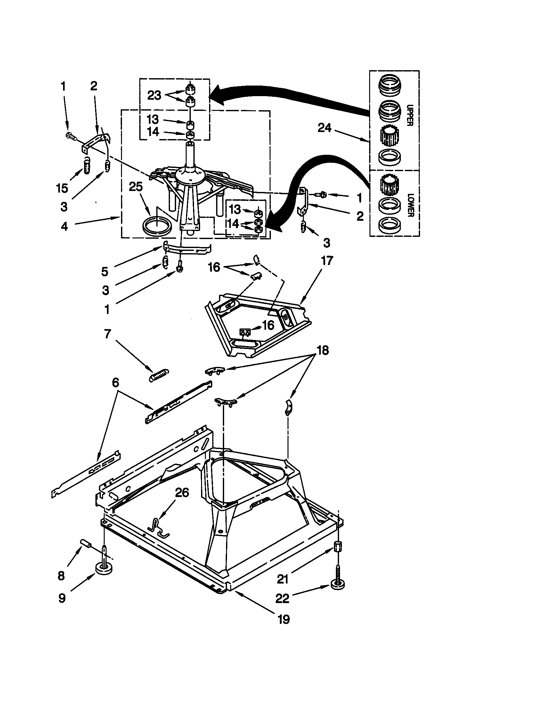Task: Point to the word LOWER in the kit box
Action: (409, 205)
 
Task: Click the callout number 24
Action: (324, 128)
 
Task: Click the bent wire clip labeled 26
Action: (158, 528)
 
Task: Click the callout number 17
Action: (327, 261)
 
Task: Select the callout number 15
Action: (62, 188)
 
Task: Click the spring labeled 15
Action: (86, 165)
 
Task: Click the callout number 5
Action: (105, 271)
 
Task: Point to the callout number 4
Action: (64, 226)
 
